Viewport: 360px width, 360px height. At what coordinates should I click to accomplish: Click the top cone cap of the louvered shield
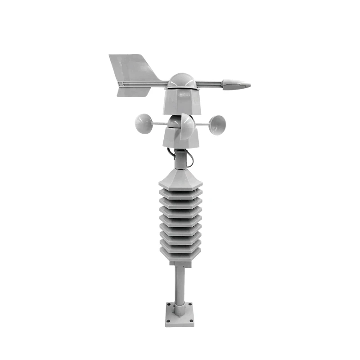[180, 178]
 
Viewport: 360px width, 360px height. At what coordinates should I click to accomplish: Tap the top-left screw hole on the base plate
[169, 304]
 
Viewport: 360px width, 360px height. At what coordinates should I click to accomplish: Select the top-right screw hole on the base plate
[191, 304]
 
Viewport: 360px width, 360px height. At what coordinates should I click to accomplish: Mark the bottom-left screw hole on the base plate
[168, 320]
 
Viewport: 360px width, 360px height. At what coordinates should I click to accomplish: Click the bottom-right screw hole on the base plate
[192, 320]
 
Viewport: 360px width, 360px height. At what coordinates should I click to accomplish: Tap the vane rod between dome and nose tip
[209, 84]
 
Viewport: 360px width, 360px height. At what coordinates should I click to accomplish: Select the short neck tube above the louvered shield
[180, 158]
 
